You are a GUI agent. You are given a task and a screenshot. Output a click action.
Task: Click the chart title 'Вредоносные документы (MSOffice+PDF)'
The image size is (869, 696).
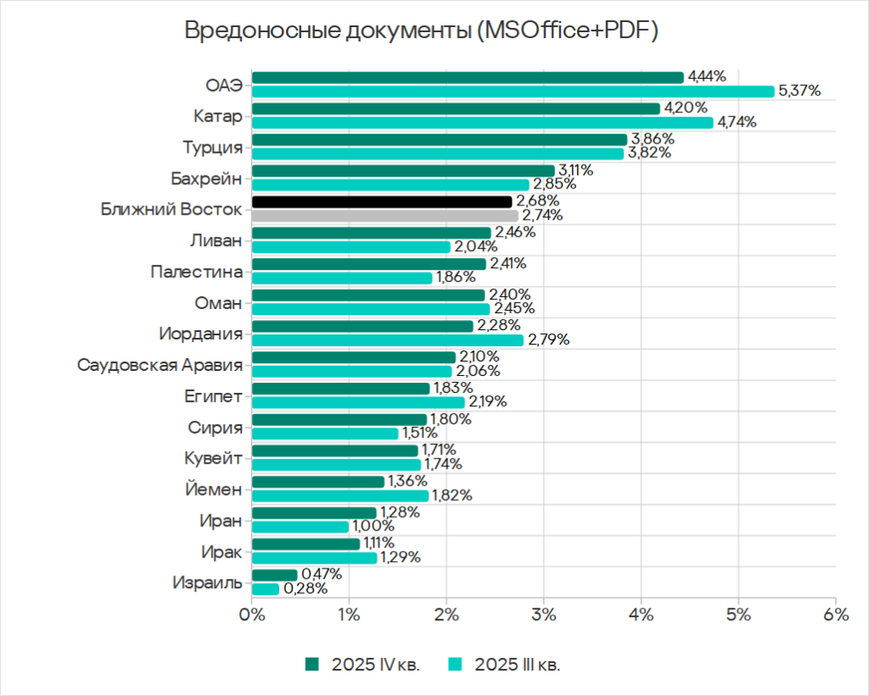421,31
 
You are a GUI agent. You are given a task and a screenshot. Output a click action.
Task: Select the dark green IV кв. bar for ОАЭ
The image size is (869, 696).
467,77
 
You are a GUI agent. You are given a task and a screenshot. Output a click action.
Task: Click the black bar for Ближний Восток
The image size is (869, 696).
382,201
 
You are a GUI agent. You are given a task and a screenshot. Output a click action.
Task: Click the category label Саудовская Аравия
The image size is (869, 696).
160,365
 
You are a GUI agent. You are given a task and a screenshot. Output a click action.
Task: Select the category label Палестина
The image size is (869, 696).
196,272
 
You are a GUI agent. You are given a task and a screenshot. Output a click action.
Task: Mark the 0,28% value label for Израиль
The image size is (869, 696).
306,588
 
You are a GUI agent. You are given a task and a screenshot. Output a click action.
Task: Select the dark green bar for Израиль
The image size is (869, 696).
274,575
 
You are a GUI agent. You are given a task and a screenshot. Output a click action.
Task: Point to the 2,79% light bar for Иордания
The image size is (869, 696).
388,340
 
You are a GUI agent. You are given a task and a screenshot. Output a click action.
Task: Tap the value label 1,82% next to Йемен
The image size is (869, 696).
453,496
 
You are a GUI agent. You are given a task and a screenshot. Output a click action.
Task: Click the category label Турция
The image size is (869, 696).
212,147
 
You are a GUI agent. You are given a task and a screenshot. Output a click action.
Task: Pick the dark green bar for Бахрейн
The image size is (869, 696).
403,171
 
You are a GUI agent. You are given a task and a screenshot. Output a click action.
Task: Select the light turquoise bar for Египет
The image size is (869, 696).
358,401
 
